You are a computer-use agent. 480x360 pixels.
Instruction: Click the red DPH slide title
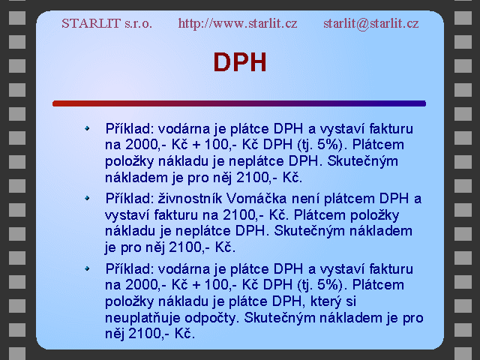click(240, 62)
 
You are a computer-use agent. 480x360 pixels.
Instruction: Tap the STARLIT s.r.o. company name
click(106, 23)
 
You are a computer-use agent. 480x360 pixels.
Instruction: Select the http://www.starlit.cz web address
click(238, 23)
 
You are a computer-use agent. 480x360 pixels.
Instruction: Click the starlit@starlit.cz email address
click(371, 23)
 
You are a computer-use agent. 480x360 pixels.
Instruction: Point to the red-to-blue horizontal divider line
click(239, 103)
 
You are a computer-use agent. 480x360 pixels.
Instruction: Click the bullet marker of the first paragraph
click(87, 128)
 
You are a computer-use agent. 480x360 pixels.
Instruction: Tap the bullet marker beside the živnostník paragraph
click(87, 198)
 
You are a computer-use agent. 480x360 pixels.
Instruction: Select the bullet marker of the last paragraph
click(87, 268)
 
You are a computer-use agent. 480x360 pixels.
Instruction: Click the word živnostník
click(190, 199)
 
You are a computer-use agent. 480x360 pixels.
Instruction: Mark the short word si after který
click(351, 301)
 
